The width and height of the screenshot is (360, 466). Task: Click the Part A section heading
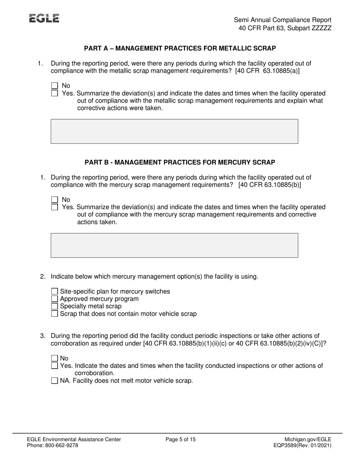(x=180, y=48)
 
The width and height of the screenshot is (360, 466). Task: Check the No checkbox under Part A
(x=55, y=86)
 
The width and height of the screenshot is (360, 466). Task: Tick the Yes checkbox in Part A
(x=55, y=93)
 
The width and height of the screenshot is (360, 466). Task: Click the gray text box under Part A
(x=174, y=131)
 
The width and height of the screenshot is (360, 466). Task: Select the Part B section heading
(x=180, y=162)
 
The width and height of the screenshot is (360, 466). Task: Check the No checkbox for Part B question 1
(x=55, y=200)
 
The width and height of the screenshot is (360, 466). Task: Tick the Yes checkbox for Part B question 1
(x=55, y=207)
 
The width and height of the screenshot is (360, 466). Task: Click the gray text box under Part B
(x=174, y=245)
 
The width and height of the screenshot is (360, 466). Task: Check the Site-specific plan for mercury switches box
(x=55, y=291)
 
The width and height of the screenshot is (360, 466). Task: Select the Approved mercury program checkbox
(x=55, y=299)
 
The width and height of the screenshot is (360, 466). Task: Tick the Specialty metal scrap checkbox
(x=55, y=306)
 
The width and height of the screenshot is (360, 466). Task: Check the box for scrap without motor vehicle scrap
(x=55, y=314)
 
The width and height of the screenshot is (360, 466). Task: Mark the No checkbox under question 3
(x=55, y=358)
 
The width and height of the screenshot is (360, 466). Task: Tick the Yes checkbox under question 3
(x=55, y=366)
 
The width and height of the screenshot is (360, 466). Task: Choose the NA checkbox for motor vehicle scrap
(x=55, y=381)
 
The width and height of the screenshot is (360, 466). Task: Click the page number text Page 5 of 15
(x=181, y=439)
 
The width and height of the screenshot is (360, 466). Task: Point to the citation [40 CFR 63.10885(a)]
(x=267, y=71)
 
